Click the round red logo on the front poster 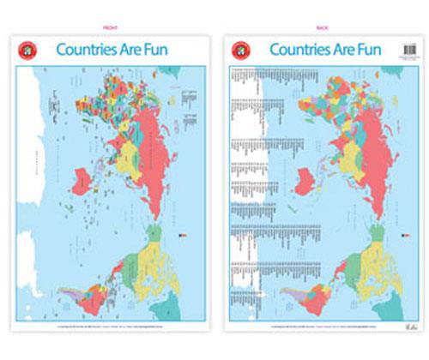point(27,50)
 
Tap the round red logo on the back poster point(241,50)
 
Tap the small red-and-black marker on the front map point(179,233)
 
